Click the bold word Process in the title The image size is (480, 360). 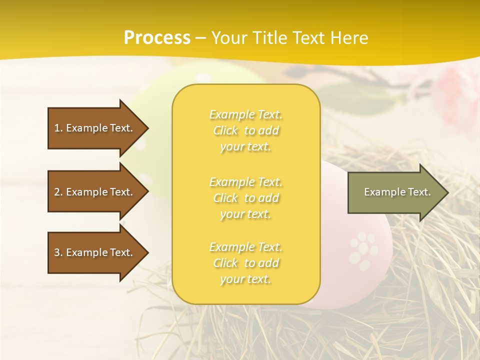157,37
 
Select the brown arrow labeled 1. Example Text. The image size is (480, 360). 95,128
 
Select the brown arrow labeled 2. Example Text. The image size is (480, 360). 95,192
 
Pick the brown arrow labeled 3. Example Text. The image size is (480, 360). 95,252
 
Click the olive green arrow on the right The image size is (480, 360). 395,192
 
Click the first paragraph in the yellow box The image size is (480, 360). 245,130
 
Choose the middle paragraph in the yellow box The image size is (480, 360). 245,198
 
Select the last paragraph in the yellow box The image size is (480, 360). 245,263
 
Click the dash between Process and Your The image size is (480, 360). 201,37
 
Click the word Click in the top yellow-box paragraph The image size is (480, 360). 226,130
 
